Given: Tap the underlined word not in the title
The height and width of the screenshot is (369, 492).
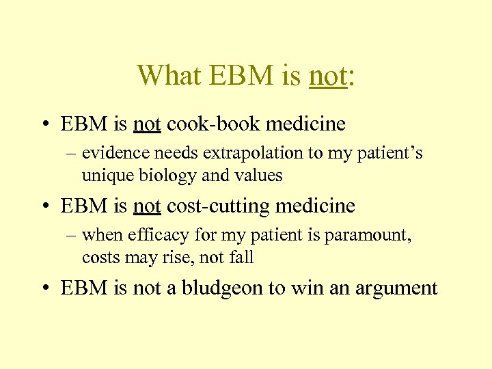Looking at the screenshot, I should click(328, 75).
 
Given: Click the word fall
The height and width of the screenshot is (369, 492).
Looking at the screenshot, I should click(241, 258).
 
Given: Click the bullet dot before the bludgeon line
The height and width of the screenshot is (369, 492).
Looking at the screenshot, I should click(43, 288).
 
